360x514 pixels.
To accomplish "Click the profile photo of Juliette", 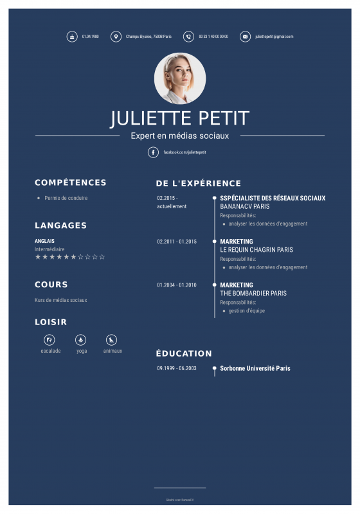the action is click(180, 78).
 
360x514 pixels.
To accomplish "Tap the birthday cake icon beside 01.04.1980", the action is click(71, 37).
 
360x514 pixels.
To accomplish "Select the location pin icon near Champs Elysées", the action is click(116, 37).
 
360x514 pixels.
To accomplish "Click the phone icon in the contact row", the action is click(188, 37).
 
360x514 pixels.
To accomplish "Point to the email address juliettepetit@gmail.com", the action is click(274, 37).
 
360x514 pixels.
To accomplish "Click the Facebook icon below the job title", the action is click(153, 152).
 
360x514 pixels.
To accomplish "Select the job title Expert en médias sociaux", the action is click(180, 136).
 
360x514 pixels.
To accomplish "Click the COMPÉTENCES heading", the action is click(71, 182).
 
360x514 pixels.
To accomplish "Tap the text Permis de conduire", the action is click(66, 198).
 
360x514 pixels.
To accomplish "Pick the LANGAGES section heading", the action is click(60, 226).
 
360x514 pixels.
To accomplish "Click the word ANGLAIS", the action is click(44, 241).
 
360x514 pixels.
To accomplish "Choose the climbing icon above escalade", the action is click(50, 339).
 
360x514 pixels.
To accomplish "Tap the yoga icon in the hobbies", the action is click(81, 339).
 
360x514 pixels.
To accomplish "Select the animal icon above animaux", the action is click(112, 339).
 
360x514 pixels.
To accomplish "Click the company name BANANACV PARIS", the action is click(245, 207).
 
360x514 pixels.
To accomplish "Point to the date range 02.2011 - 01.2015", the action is click(177, 242).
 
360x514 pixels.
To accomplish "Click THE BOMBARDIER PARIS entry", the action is click(253, 294).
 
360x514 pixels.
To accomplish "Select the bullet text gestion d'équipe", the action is click(247, 311).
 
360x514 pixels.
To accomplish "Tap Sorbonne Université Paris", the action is click(255, 369).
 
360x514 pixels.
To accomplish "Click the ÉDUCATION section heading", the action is click(184, 353).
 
